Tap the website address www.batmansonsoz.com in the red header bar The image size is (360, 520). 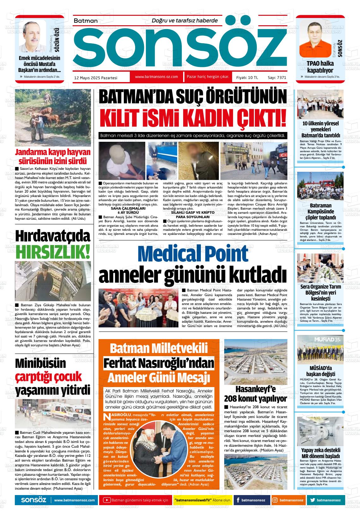(156, 77)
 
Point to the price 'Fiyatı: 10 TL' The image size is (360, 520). (247, 77)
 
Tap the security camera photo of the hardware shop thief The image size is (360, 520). (53, 281)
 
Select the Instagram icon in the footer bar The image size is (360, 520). (275, 500)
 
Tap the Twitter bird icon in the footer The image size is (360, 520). (313, 500)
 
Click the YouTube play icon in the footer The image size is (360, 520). (107, 500)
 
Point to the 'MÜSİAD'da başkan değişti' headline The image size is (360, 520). (320, 371)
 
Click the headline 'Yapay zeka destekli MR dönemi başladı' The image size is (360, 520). (320, 453)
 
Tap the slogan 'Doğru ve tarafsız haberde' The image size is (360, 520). (185, 21)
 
